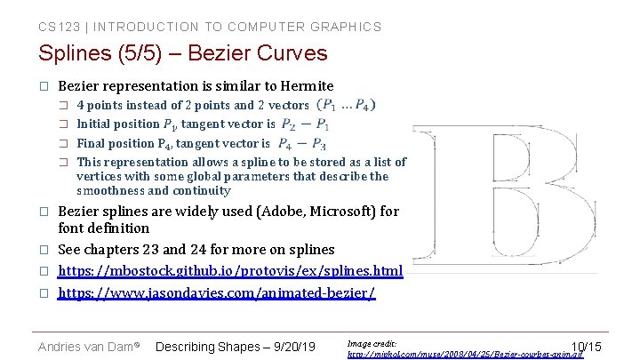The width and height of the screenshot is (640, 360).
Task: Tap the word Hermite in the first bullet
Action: [x=307, y=86]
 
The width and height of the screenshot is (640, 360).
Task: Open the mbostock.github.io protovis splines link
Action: [x=230, y=270]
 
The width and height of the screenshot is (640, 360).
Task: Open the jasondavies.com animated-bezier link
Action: [x=217, y=292]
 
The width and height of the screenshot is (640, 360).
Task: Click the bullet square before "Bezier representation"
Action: [x=42, y=87]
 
